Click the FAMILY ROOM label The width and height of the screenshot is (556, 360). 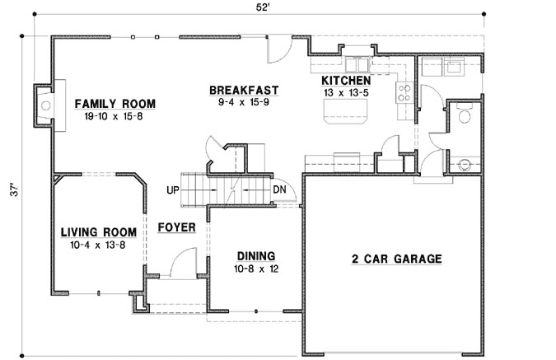pos(114,104)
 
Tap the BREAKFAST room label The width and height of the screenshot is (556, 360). pos(243,91)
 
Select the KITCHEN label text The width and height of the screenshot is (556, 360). pos(346,81)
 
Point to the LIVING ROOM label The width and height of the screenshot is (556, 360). pos(99,233)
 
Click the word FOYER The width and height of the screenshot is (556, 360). pos(176,227)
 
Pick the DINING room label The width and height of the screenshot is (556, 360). pos(255,256)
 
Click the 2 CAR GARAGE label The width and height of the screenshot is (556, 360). pos(397,259)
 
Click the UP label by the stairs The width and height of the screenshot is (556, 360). pos(173,190)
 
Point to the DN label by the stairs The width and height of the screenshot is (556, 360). pos(280,190)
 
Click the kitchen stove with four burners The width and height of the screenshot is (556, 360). pos(404,92)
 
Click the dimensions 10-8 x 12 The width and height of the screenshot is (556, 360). pos(255,269)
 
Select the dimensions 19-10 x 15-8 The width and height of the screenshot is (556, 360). pos(114,116)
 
